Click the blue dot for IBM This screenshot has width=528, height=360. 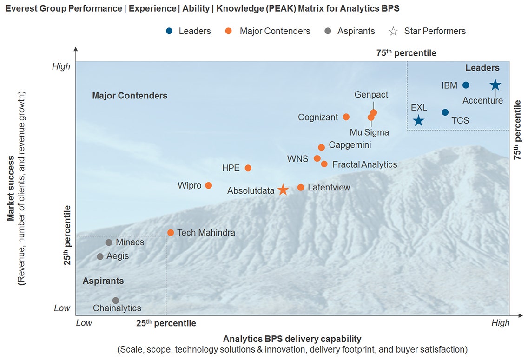(x=466, y=85)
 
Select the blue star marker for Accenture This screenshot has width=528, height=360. (x=495, y=85)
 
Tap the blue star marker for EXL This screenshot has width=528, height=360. (x=418, y=121)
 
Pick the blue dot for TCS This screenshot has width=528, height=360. (x=445, y=112)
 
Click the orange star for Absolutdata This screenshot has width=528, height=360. (x=283, y=190)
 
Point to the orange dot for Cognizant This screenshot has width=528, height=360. (x=346, y=117)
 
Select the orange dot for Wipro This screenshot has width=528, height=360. (x=208, y=185)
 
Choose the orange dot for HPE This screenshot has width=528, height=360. (x=248, y=168)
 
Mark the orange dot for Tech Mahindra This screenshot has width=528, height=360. (x=171, y=233)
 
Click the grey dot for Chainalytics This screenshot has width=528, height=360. (x=116, y=301)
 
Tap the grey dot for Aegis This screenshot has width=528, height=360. (x=100, y=256)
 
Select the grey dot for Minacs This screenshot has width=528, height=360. (x=109, y=242)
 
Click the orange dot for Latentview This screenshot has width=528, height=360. (x=301, y=188)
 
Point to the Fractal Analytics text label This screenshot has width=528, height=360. (x=365, y=164)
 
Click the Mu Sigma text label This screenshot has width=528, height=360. (x=369, y=132)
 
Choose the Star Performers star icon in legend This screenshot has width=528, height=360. (x=393, y=31)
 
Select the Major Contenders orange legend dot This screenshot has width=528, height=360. (x=229, y=31)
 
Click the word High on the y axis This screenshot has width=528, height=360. (x=61, y=66)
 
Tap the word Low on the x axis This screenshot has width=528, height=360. (x=84, y=323)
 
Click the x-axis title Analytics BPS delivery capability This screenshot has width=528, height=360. (x=292, y=339)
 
